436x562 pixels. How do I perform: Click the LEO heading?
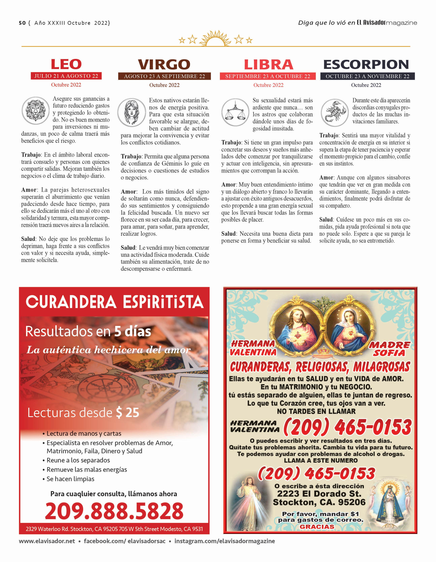[x=66, y=64]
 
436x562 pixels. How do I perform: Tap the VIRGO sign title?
[x=164, y=64]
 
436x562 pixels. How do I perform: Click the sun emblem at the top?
[x=215, y=39]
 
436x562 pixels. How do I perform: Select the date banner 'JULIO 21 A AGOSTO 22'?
[x=66, y=76]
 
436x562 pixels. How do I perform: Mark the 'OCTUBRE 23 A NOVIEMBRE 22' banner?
[x=367, y=76]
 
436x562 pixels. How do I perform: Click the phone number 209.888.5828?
[x=114, y=511]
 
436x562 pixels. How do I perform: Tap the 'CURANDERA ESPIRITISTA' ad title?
[x=115, y=302]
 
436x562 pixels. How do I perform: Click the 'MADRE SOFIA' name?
[x=389, y=349]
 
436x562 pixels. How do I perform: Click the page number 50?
[x=22, y=23]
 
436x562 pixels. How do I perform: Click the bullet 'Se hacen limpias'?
[x=70, y=479]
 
